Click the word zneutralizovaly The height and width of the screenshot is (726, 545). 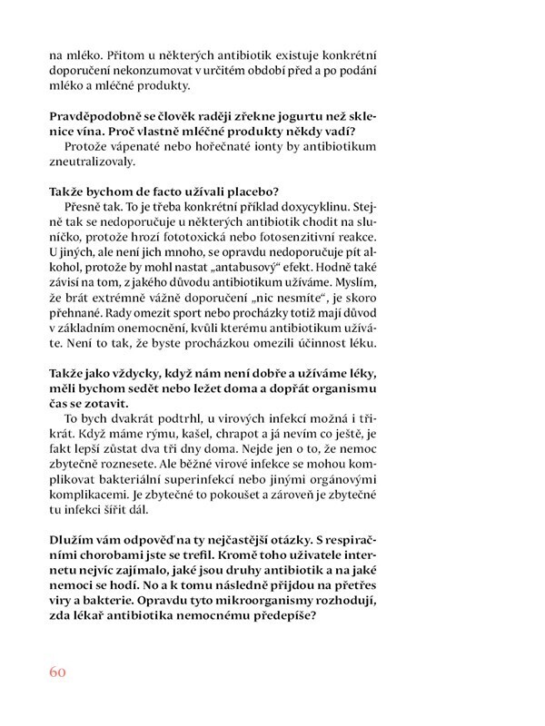[96, 164]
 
